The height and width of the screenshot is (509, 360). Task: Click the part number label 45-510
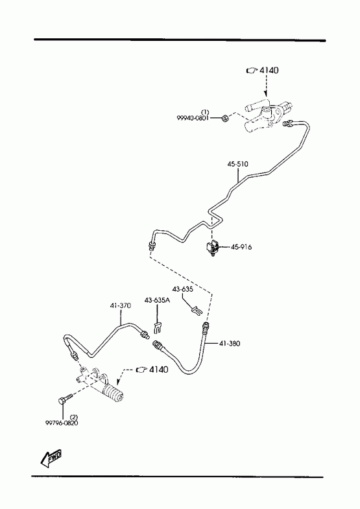[x=237, y=164]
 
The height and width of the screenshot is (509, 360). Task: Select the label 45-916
[x=241, y=247]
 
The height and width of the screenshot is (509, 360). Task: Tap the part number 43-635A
[x=157, y=300]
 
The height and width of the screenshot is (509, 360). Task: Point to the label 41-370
[x=121, y=305]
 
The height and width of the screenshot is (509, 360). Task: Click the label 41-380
[x=230, y=343]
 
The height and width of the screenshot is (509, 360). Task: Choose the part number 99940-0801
[x=193, y=118]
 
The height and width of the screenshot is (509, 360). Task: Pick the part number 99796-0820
[x=62, y=423]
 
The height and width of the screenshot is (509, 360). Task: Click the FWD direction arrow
[x=51, y=458]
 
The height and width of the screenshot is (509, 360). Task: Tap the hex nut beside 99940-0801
[x=224, y=119]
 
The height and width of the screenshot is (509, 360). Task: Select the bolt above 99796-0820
[x=66, y=399]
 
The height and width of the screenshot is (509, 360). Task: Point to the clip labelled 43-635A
[x=158, y=327]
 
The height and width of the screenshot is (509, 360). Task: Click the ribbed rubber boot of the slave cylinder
[x=114, y=394]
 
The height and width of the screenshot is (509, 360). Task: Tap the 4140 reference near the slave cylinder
[x=152, y=369]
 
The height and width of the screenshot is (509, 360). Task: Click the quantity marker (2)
[x=74, y=416]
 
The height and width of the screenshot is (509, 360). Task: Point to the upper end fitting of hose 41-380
[x=206, y=327]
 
